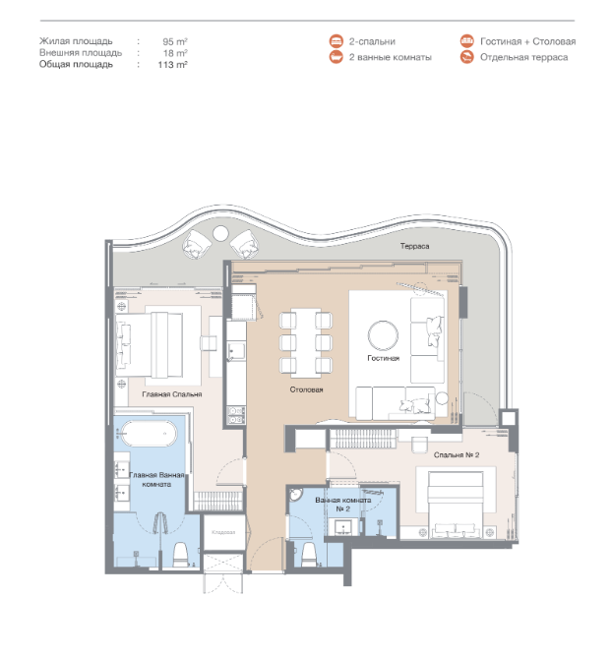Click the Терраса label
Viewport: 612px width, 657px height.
coord(414,246)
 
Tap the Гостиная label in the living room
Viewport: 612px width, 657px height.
coord(383,358)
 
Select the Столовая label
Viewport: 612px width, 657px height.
coord(306,389)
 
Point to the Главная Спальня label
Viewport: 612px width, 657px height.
coord(172,394)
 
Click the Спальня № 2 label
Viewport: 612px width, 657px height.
coord(457,454)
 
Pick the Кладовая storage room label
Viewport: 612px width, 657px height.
coord(223,532)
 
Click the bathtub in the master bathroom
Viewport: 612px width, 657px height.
coord(149,434)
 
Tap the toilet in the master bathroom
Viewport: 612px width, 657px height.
coord(181,554)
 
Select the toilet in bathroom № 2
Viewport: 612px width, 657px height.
coord(309,555)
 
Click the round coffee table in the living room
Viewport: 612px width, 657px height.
coord(383,335)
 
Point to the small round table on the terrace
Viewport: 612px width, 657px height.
coord(220,233)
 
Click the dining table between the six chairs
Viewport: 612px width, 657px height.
coord(306,342)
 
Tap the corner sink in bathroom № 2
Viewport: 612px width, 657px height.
coord(296,495)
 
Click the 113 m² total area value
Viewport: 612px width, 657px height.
coord(172,65)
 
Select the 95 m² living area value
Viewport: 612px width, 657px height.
coord(175,41)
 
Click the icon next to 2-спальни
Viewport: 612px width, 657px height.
coord(336,41)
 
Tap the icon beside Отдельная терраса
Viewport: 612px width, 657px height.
coord(466,57)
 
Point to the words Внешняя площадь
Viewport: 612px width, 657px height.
coord(81,53)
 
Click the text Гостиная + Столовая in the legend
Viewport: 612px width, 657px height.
coord(527,41)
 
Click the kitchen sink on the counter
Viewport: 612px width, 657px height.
coord(237,351)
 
